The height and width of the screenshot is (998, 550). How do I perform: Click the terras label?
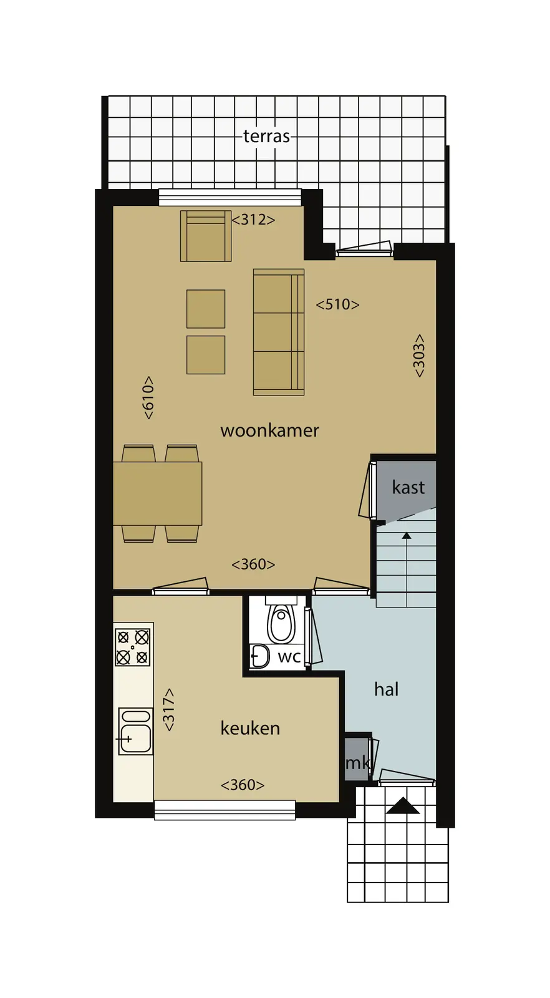pyautogui.click(x=266, y=136)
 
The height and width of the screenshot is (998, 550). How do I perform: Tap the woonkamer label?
pyautogui.click(x=269, y=430)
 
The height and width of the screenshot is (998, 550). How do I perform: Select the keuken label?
pyautogui.click(x=250, y=729)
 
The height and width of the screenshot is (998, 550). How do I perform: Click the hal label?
pyautogui.click(x=386, y=689)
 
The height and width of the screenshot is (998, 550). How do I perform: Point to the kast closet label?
pyautogui.click(x=408, y=487)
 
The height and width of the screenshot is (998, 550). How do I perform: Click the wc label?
pyautogui.click(x=289, y=657)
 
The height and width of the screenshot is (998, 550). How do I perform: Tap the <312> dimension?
pyautogui.click(x=253, y=220)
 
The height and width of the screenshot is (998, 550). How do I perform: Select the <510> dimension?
pyautogui.click(x=337, y=304)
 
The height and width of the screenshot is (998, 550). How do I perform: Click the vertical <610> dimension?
pyautogui.click(x=148, y=397)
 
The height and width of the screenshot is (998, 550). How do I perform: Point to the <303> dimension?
pyautogui.click(x=418, y=356)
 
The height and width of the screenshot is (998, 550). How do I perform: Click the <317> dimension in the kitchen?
pyautogui.click(x=169, y=710)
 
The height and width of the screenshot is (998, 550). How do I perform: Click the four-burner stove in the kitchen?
pyautogui.click(x=133, y=647)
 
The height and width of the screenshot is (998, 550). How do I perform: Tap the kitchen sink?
pyautogui.click(x=135, y=731)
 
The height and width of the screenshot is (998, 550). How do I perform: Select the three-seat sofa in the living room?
pyautogui.click(x=279, y=332)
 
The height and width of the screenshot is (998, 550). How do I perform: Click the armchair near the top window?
pyautogui.click(x=206, y=236)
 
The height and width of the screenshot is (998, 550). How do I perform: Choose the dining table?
pyautogui.click(x=158, y=493)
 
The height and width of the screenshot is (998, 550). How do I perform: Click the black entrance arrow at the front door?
pyautogui.click(x=403, y=805)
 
